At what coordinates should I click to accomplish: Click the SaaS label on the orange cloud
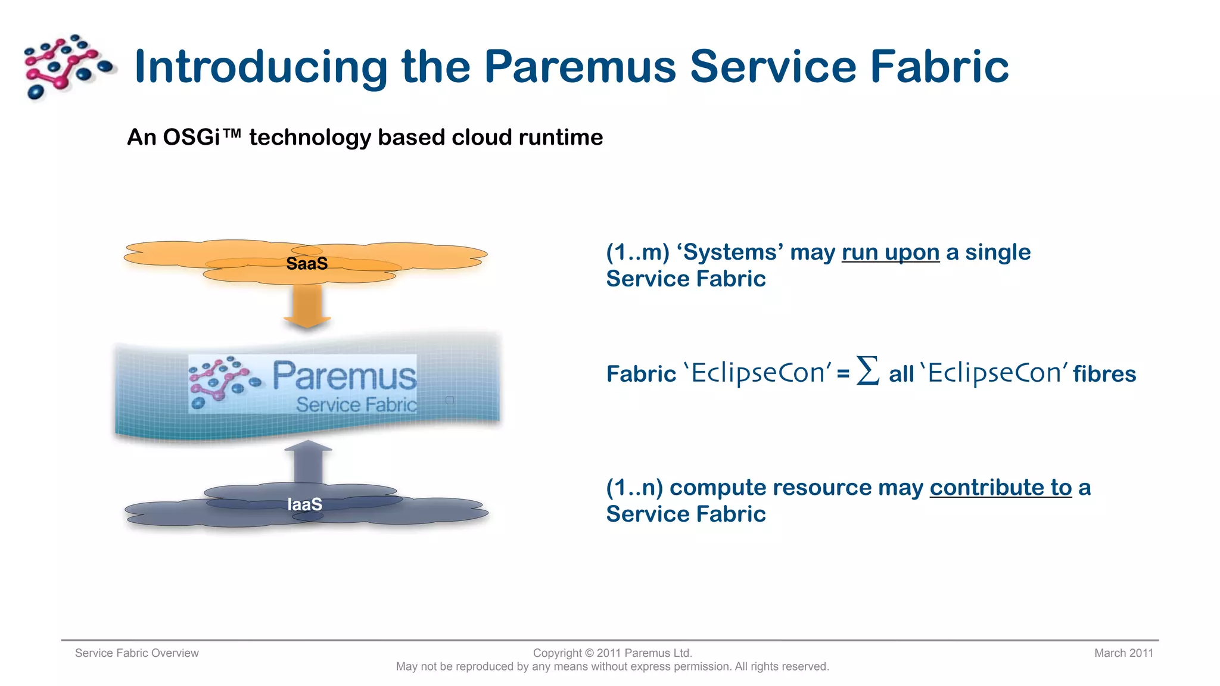(x=307, y=263)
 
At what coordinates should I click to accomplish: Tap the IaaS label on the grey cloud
(x=304, y=504)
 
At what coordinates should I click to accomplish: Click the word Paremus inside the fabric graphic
(x=344, y=376)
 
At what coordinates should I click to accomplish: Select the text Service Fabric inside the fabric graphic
(x=356, y=405)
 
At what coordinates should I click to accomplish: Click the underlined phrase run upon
(x=890, y=252)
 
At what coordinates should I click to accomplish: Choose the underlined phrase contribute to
(x=1000, y=488)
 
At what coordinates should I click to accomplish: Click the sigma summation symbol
(x=867, y=371)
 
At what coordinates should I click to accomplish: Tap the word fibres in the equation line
(x=1104, y=374)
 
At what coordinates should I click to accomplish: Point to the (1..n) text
(x=634, y=488)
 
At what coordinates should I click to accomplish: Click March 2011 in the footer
(x=1123, y=653)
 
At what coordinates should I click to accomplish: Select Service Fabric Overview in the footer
(x=136, y=653)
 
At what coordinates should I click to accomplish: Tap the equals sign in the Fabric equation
(x=843, y=375)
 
